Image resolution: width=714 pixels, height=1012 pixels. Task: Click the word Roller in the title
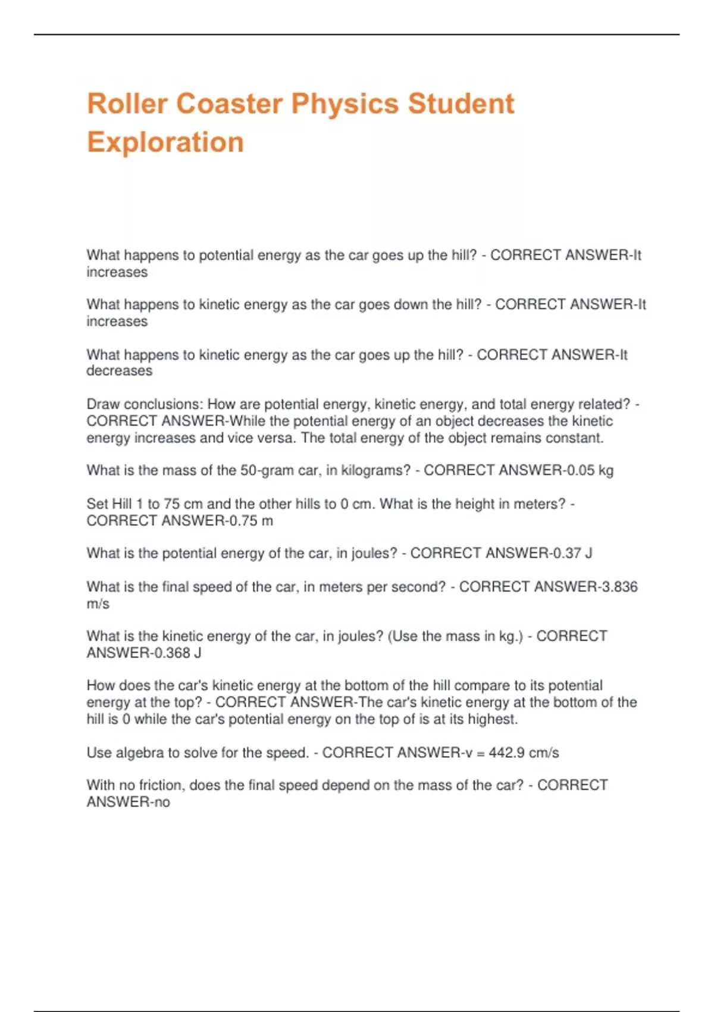click(127, 104)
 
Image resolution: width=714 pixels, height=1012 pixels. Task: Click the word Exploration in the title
click(165, 142)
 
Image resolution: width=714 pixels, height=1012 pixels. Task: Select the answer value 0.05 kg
click(590, 470)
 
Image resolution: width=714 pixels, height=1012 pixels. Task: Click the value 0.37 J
click(572, 553)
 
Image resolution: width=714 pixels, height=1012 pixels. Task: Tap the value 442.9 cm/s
click(524, 752)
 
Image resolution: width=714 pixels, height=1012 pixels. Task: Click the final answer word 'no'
click(162, 802)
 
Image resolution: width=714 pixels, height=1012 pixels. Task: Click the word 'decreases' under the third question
click(120, 371)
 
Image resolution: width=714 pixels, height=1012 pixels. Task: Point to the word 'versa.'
click(277, 438)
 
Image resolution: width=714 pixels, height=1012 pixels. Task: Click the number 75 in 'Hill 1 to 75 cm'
click(172, 504)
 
